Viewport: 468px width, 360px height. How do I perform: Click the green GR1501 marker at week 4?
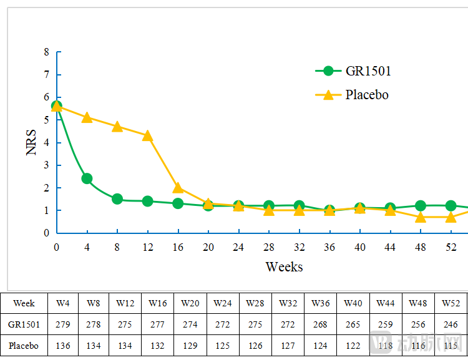tap(87, 178)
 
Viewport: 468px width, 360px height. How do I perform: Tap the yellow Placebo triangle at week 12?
tap(147, 135)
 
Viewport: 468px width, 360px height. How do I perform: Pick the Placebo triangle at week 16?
tap(178, 188)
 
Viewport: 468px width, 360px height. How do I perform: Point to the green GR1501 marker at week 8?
tap(117, 199)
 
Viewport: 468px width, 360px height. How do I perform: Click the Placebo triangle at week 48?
tap(421, 217)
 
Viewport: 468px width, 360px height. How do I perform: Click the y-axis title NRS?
tap(32, 142)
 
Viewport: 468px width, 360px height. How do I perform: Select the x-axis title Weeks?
tap(284, 267)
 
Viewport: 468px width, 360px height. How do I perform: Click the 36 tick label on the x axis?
tap(329, 247)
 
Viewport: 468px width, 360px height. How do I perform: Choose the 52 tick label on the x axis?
tap(451, 247)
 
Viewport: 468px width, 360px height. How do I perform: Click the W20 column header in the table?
tap(190, 303)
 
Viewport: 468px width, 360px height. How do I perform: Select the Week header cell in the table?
tap(24, 303)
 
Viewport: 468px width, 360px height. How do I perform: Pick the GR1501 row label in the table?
tap(24, 324)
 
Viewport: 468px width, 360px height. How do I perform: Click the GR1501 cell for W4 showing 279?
tap(63, 324)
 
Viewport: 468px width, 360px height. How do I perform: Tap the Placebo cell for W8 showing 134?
tap(93, 345)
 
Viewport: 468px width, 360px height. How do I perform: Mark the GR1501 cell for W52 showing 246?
tap(451, 324)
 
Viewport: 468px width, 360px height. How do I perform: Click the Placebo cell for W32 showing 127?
tap(288, 345)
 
